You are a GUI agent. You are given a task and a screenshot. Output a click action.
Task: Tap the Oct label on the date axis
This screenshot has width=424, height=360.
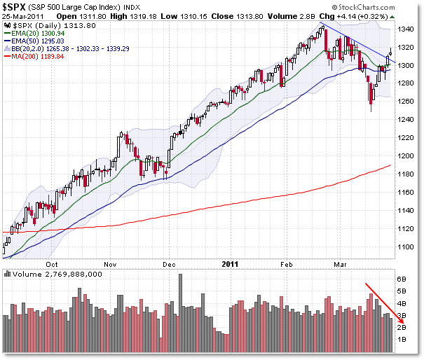(x=51, y=265)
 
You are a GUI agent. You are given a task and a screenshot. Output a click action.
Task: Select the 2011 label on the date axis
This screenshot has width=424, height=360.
(x=230, y=265)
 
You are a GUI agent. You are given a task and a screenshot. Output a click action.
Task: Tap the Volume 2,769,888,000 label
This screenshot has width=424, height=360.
(x=53, y=275)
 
